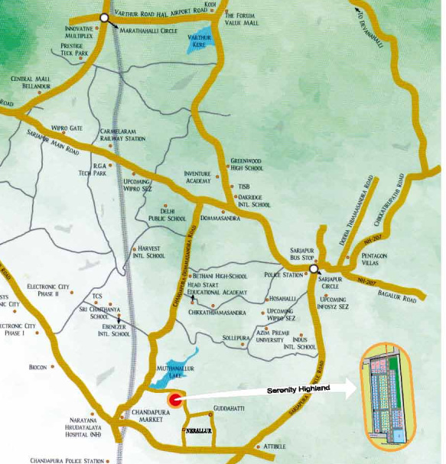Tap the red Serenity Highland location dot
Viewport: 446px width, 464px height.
(x=174, y=398)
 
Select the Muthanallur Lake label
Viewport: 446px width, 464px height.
(x=169, y=370)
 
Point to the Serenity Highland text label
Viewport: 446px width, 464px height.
(x=298, y=389)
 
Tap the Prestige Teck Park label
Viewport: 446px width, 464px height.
(x=77, y=50)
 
